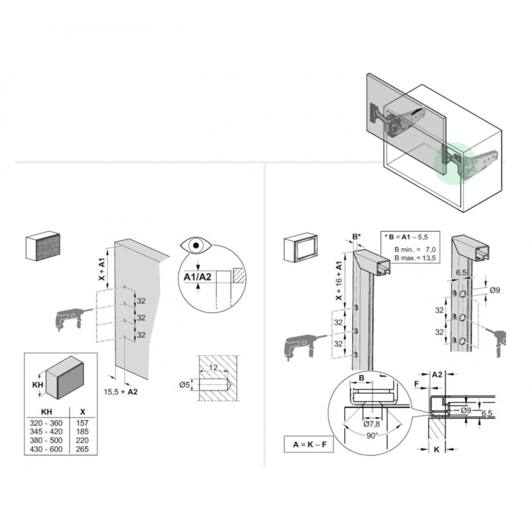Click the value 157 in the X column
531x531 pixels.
point(82,423)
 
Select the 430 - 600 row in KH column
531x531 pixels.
point(46,449)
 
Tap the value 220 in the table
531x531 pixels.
point(82,440)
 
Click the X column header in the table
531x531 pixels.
point(82,412)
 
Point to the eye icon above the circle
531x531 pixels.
point(196,245)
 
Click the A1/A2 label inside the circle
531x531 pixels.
point(198,277)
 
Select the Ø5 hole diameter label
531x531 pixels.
point(185,384)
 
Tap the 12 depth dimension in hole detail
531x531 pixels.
point(213,367)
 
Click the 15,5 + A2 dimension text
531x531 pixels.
point(121,392)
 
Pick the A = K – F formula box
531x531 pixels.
point(309,444)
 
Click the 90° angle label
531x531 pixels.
point(372,435)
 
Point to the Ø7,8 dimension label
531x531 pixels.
point(372,424)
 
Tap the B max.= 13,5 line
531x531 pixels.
point(415,258)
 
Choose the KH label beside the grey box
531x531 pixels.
point(38,384)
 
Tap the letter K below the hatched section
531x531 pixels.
point(436,449)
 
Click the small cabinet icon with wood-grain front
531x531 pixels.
point(43,246)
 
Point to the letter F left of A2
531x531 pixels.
point(417,384)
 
